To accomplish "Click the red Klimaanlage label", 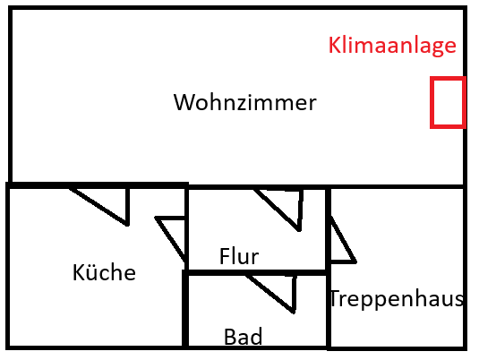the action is click(x=392, y=46).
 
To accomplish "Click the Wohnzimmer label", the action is click(x=244, y=102).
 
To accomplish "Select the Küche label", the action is click(x=104, y=271).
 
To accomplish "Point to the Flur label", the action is click(x=239, y=256).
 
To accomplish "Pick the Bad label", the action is click(x=243, y=337).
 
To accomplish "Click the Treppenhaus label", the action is click(x=397, y=298).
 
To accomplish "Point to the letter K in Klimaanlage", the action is click(x=334, y=45).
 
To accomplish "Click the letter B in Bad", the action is click(x=230, y=336).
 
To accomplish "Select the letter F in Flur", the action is click(x=224, y=256).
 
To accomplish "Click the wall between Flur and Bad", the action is click(x=257, y=272).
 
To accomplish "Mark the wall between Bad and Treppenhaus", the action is click(x=329, y=309).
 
